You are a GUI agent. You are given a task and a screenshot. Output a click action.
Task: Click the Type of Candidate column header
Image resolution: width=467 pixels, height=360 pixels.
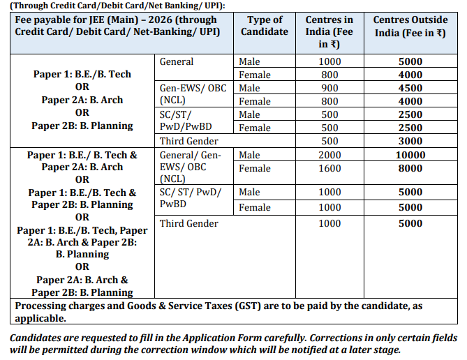coord(265,25)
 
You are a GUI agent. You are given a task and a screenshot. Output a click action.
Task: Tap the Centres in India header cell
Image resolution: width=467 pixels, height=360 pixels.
coord(329,31)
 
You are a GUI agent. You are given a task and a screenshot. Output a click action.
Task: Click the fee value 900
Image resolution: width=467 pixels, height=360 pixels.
coord(329,88)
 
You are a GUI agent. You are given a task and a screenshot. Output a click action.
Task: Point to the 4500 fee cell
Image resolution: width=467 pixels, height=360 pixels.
coord(410,88)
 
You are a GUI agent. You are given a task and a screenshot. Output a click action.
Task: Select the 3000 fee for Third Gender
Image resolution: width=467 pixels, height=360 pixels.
coord(410,141)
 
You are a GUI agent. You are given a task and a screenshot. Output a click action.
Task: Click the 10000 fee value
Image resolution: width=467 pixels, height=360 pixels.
coord(410,155)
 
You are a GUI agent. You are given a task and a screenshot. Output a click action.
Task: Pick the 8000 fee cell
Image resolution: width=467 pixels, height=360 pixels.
coord(410,168)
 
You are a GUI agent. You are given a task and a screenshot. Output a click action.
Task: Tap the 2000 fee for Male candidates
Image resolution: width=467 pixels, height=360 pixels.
coord(329,155)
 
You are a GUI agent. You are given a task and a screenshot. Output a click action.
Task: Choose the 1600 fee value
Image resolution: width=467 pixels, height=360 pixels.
coord(329,168)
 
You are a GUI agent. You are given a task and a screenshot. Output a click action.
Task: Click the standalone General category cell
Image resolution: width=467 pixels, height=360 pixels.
coord(177,61)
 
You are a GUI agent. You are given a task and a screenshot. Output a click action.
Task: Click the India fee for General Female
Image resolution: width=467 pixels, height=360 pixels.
coord(329,75)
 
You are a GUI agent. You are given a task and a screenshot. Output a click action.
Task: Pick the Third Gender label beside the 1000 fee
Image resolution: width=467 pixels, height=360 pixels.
coord(188,223)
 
